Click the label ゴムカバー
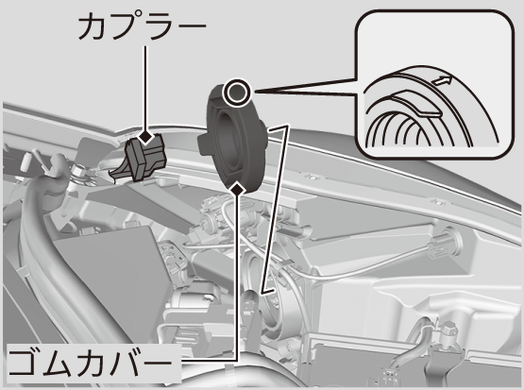click(91, 363)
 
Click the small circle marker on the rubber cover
click(237, 92)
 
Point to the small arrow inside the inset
click(441, 80)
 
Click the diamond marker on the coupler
click(145, 136)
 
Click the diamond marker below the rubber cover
click(238, 189)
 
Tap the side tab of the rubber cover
click(204, 144)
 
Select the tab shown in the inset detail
click(417, 104)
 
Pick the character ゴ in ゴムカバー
click(23, 363)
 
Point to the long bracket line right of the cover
click(275, 210)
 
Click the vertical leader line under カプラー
click(145, 88)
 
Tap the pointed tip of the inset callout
click(255, 91)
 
